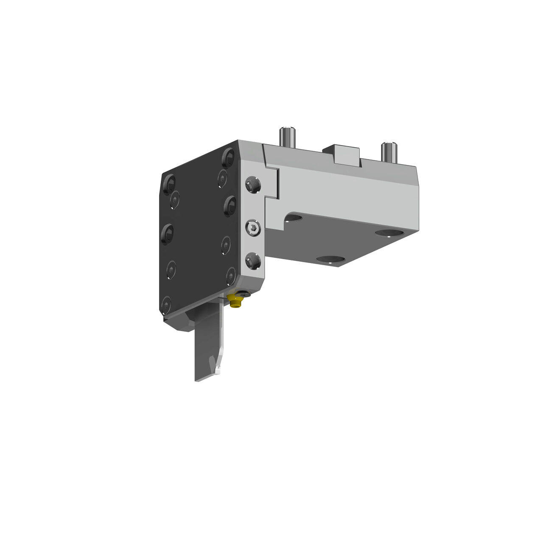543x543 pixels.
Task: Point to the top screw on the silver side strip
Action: pyautogui.click(x=253, y=185)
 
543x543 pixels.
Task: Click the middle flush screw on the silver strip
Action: pyautogui.click(x=253, y=229)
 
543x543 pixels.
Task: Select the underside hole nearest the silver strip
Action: pyautogui.click(x=293, y=218)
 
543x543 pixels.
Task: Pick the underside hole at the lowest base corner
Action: pyautogui.click(x=330, y=259)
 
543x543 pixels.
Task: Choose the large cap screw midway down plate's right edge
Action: pyautogui.click(x=230, y=205)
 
